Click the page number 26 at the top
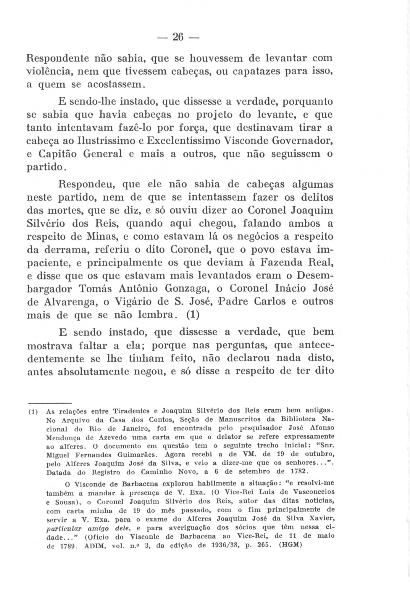[x=177, y=38]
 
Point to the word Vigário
[x=136, y=302]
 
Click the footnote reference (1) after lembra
[x=193, y=315]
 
